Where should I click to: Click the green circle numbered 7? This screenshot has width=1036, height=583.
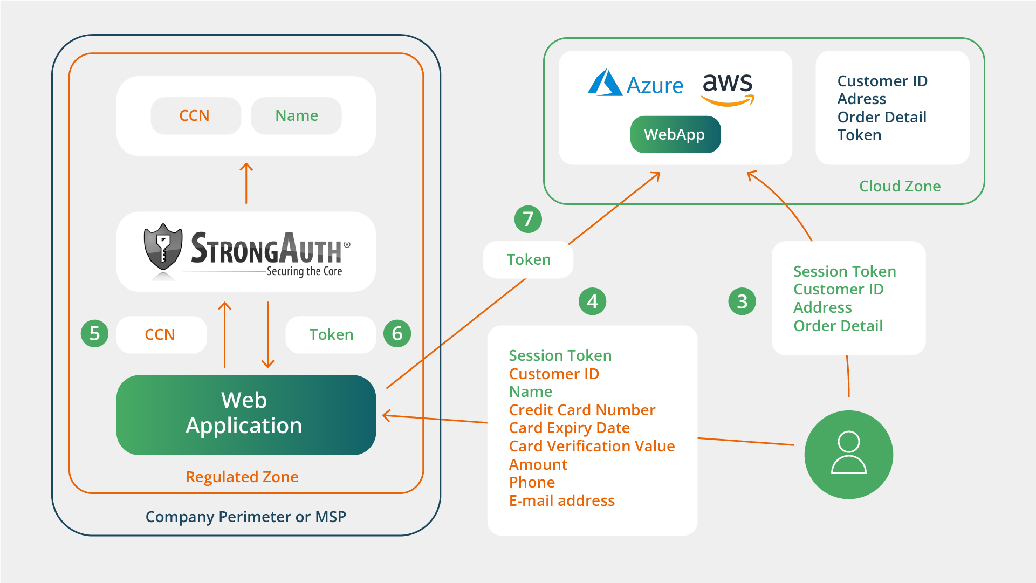pyautogui.click(x=528, y=219)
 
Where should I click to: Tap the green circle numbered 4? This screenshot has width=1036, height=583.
pyautogui.click(x=592, y=301)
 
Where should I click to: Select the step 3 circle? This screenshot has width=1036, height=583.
pyautogui.click(x=742, y=301)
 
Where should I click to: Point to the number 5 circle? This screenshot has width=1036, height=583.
pyautogui.click(x=94, y=334)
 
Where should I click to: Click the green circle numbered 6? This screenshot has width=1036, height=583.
pyautogui.click(x=397, y=334)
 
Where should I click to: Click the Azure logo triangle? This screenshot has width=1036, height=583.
pyautogui.click(x=605, y=84)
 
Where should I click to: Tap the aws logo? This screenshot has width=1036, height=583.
pyautogui.click(x=728, y=87)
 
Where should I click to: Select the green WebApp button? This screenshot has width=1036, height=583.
pyautogui.click(x=675, y=134)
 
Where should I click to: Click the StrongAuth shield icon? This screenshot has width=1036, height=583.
pyautogui.click(x=163, y=247)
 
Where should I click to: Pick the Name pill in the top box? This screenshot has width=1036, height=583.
pyautogui.click(x=296, y=116)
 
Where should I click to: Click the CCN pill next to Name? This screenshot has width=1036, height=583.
pyautogui.click(x=195, y=116)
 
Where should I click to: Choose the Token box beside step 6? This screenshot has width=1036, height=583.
pyautogui.click(x=331, y=335)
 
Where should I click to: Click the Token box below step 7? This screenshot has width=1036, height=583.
pyautogui.click(x=528, y=260)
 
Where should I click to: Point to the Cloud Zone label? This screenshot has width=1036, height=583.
pyautogui.click(x=900, y=187)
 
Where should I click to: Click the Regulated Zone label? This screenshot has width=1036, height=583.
pyautogui.click(x=242, y=477)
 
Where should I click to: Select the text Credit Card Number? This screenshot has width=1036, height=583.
pyautogui.click(x=582, y=410)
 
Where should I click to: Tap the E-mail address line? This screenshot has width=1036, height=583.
pyautogui.click(x=561, y=501)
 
